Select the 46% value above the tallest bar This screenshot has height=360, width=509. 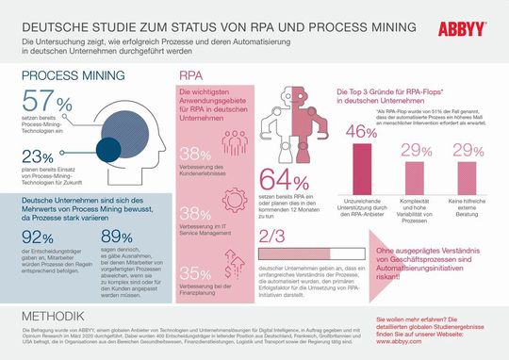click(358, 133)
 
